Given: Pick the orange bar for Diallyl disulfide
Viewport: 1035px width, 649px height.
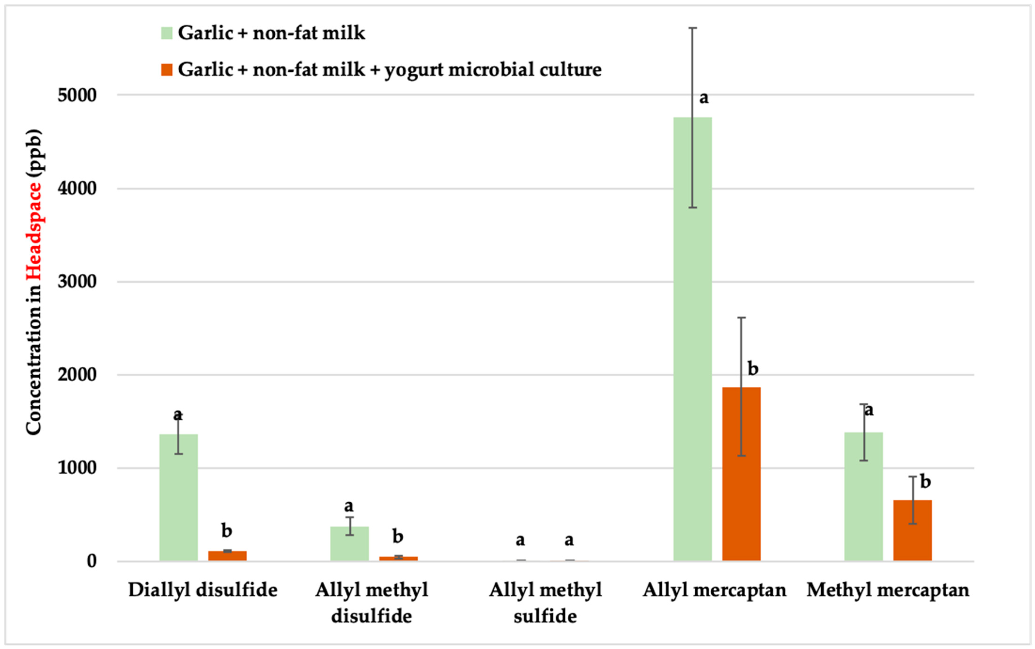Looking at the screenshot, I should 227,556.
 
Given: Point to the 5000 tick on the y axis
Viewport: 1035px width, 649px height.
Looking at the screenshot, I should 77,95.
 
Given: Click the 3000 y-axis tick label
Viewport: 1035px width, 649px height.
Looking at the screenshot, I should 77,282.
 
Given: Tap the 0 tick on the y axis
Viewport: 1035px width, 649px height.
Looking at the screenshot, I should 92,562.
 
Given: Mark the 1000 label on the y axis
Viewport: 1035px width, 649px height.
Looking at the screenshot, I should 77,468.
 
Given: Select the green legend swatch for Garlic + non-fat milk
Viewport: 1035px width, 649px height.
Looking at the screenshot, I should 167,33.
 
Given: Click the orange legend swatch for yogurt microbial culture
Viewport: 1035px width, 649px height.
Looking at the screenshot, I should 167,70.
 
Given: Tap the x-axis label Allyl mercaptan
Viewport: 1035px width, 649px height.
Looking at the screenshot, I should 714,590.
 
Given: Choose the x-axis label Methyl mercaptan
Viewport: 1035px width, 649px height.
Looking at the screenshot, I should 888,590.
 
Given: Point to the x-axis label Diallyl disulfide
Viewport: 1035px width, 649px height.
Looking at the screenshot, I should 203,590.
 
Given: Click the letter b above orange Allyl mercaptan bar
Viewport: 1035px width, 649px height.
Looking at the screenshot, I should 753,369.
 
